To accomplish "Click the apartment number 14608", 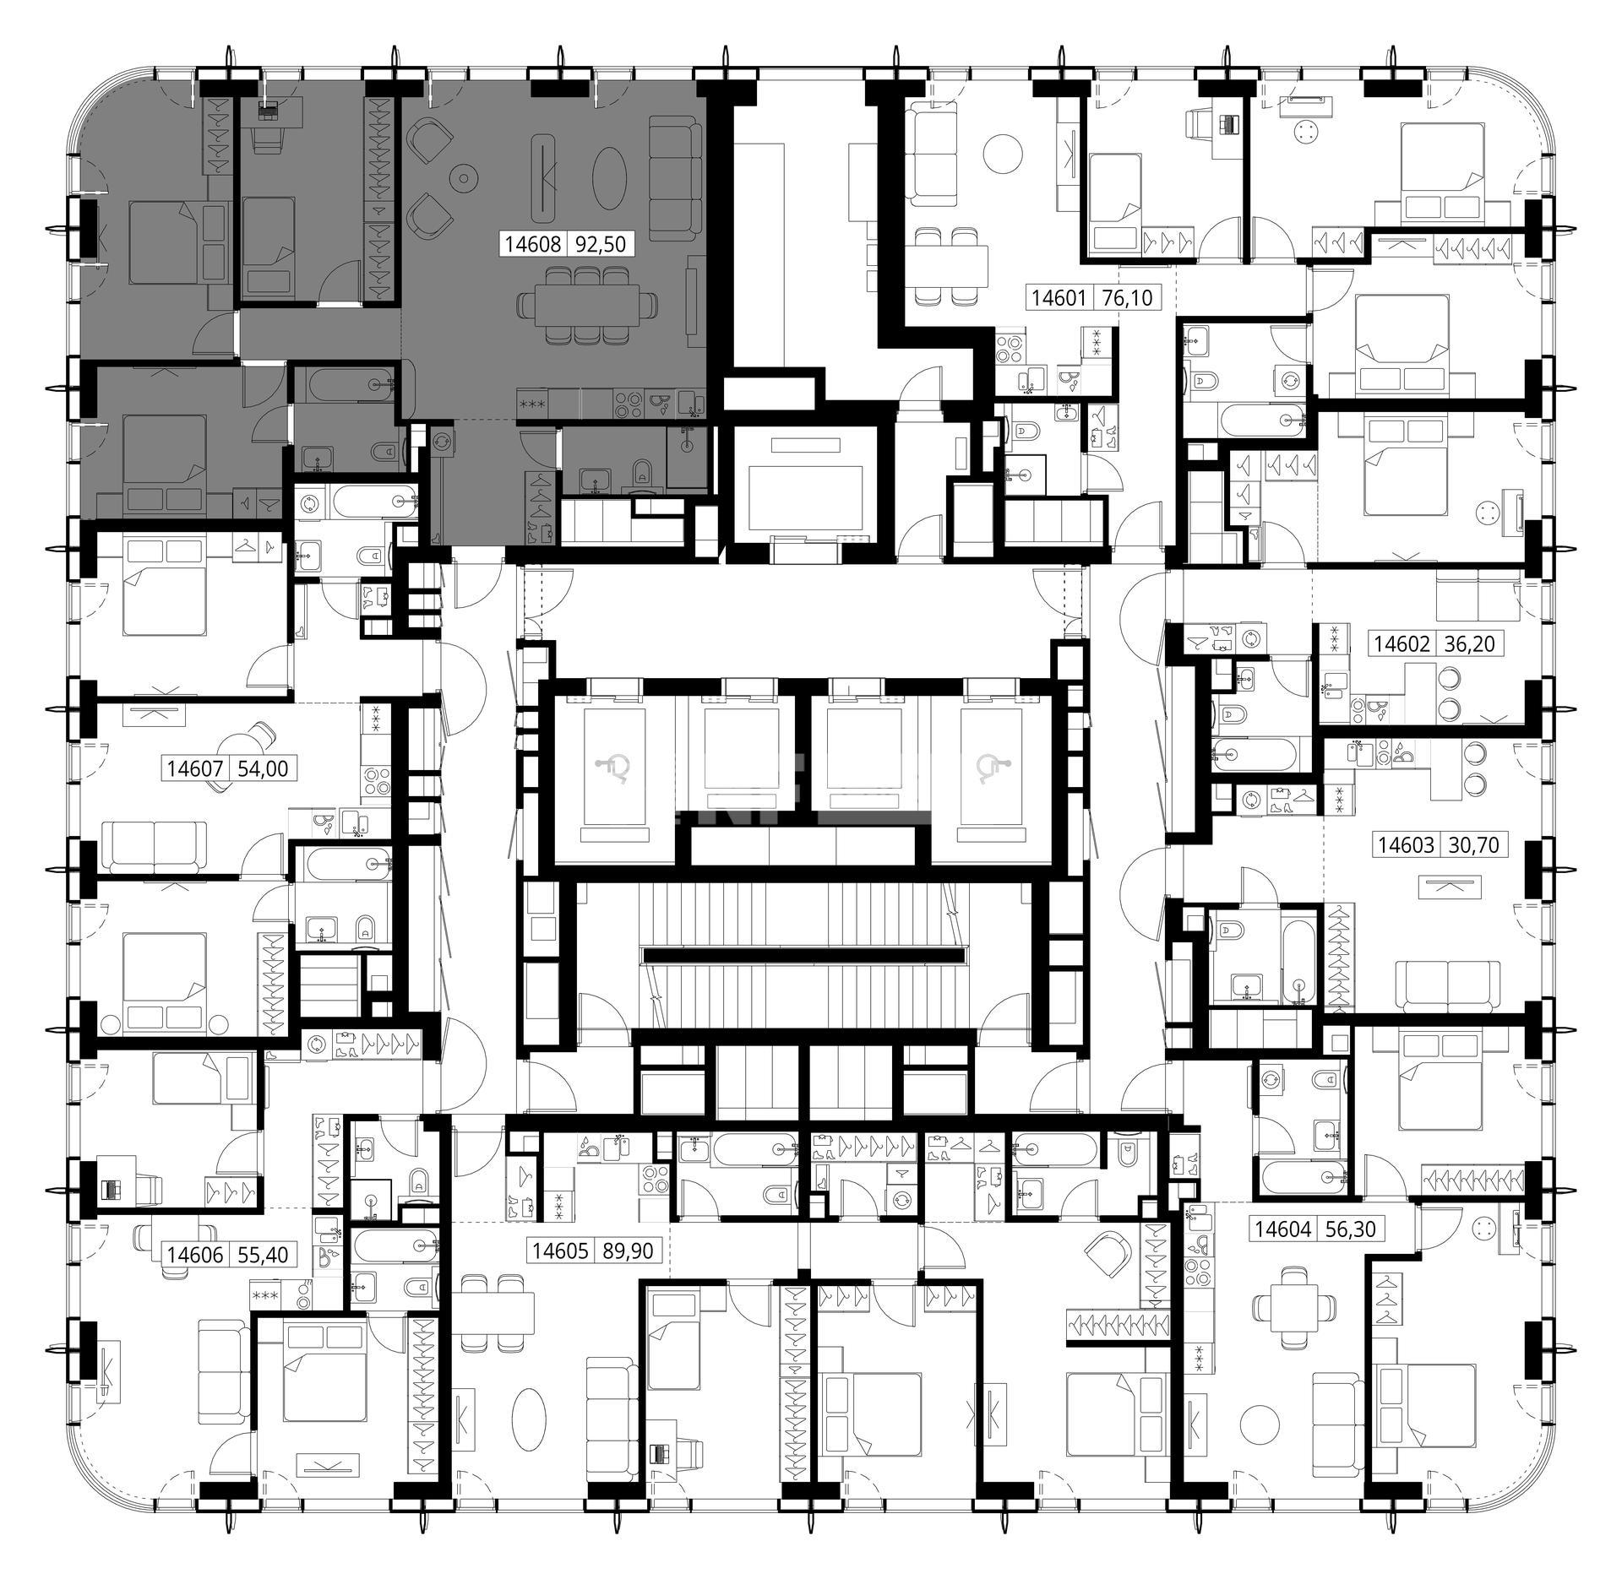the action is pyautogui.click(x=533, y=245).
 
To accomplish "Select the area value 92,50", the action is pyautogui.click(x=601, y=245).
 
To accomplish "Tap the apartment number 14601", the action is pyautogui.click(x=1059, y=298).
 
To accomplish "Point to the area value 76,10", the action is pyautogui.click(x=1127, y=298).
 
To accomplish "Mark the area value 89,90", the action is pyautogui.click(x=628, y=1251).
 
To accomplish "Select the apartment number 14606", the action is pyautogui.click(x=195, y=1255).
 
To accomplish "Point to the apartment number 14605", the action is pyautogui.click(x=559, y=1251).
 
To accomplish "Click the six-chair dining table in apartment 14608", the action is pyautogui.click(x=588, y=305).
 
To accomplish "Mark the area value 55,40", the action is pyautogui.click(x=264, y=1255).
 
